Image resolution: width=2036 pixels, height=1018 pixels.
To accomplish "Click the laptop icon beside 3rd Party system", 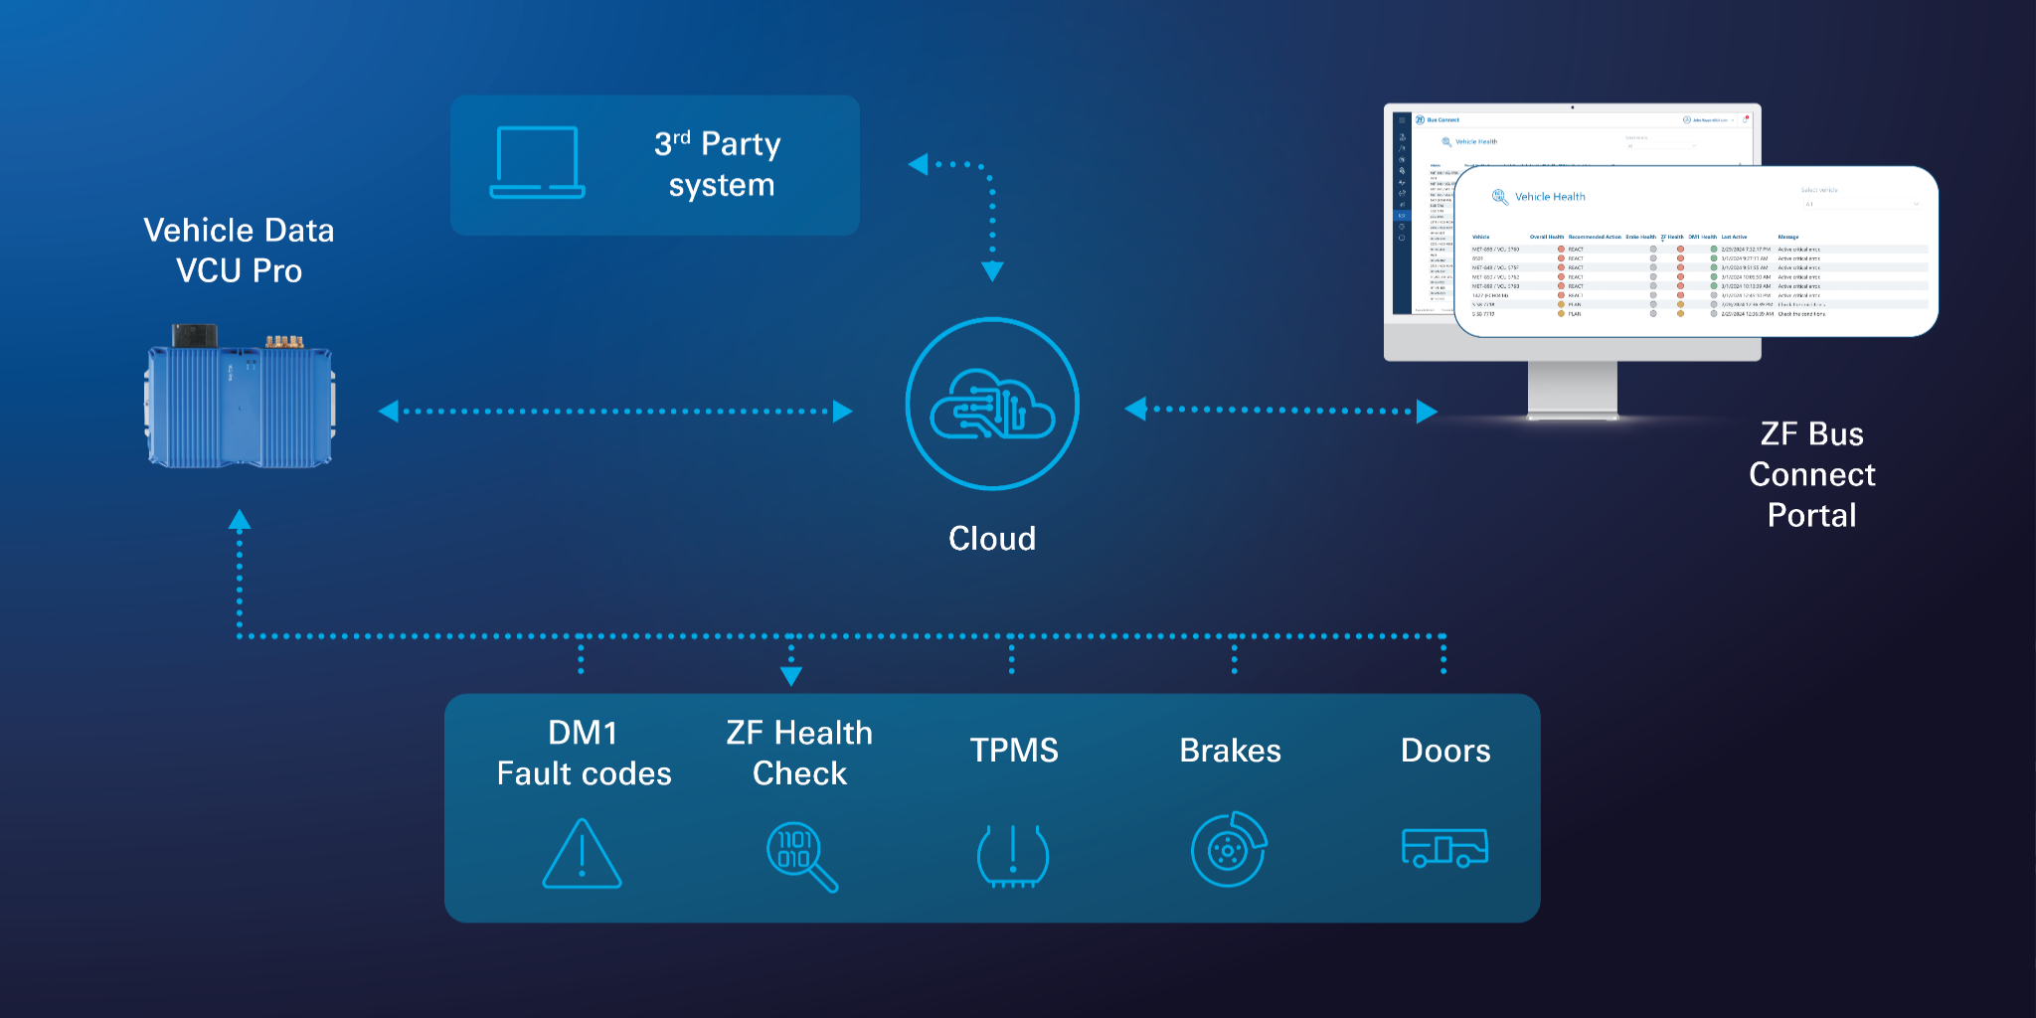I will click(537, 163).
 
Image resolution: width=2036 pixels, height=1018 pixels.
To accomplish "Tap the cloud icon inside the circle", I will click(991, 405).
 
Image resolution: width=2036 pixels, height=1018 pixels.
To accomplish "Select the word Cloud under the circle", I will click(991, 538).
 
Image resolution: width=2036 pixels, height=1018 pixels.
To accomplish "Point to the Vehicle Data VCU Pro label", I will click(239, 250).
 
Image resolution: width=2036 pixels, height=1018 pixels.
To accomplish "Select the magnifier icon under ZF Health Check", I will click(801, 856).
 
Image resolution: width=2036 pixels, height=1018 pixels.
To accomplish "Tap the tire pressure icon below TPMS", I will click(1012, 855).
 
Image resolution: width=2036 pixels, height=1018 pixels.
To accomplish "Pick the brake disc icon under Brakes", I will click(1229, 850).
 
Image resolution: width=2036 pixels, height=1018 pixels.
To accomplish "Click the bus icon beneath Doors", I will click(1443, 848).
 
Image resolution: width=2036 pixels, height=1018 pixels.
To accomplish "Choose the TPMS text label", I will click(1013, 750).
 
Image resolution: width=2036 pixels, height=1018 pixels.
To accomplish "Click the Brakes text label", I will click(1230, 750).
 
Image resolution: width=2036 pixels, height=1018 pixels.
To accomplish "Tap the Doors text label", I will click(1444, 750).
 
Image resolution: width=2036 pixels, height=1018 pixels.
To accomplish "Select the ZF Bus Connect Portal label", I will click(1811, 474).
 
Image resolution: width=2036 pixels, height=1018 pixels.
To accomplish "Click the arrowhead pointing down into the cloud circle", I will click(992, 271).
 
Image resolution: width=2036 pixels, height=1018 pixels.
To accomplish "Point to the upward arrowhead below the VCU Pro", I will click(240, 519).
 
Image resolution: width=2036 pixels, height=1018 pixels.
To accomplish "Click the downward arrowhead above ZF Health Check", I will click(791, 676).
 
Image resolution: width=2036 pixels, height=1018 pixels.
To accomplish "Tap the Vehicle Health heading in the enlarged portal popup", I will click(1549, 197).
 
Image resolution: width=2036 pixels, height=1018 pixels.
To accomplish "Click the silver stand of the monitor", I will click(1572, 390).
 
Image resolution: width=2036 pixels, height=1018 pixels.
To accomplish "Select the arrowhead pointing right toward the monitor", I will click(1427, 411).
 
